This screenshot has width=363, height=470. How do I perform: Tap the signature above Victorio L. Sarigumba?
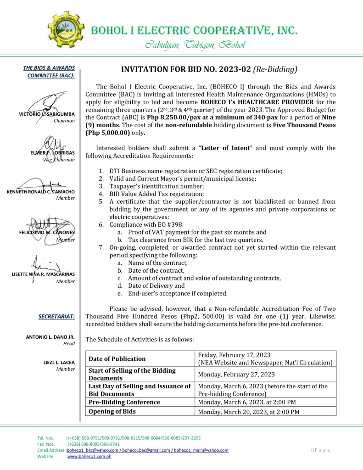click(x=50, y=103)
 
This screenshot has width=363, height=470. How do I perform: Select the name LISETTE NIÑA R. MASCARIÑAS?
click(x=43, y=274)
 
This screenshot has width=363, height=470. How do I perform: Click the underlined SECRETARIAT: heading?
click(x=57, y=316)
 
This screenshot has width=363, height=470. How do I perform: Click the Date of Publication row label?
click(x=117, y=358)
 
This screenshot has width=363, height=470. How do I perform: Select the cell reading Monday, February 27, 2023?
click(x=236, y=374)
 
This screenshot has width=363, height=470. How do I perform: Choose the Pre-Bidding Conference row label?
click(x=124, y=402)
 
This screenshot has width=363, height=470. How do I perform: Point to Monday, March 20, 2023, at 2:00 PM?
click(x=249, y=412)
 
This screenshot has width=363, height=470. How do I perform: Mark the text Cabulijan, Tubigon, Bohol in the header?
click(x=195, y=45)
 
